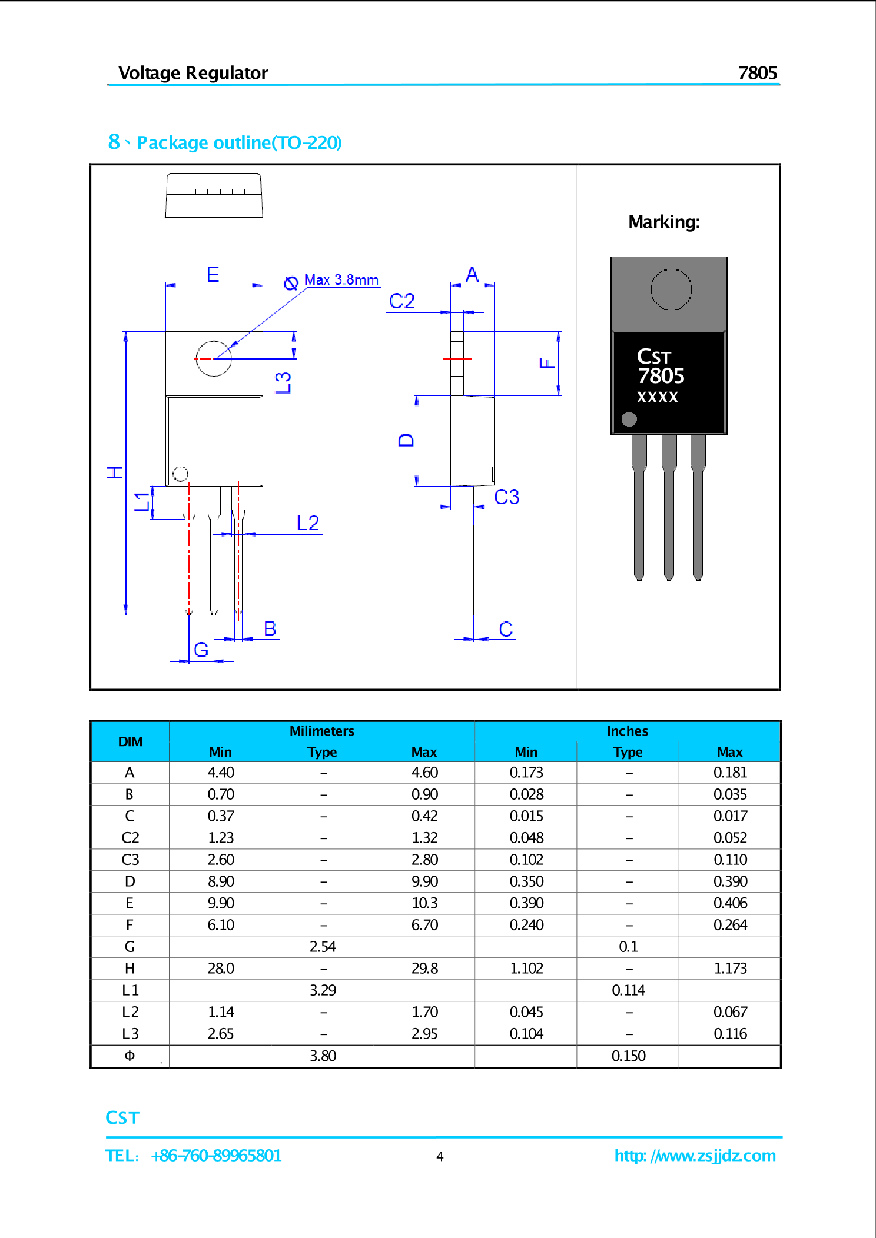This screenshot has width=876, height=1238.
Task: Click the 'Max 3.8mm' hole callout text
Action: point(341,280)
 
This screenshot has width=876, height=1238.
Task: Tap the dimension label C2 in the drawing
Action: point(402,301)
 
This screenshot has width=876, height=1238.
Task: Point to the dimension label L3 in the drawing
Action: point(284,382)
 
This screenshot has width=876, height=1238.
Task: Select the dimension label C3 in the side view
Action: point(506,497)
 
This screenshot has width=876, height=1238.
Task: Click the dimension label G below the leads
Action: point(201,650)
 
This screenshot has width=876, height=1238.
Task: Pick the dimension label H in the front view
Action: point(115,472)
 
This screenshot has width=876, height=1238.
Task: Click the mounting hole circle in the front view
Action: point(214,358)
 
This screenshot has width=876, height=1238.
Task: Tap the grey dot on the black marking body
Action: point(629,419)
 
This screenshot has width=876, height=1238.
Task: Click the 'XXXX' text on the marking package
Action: point(658,397)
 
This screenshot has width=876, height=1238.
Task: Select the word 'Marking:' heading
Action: point(664,222)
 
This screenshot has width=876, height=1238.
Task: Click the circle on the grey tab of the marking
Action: point(671,289)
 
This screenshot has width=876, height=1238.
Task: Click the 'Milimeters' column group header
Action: point(321,731)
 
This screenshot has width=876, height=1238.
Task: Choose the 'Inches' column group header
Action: point(628,731)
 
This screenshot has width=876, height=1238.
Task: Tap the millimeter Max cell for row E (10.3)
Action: point(424,903)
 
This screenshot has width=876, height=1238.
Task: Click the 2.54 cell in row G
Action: point(323,947)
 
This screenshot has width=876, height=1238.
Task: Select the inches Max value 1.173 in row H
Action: point(730,969)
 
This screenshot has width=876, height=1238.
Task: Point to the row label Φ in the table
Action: point(130,1056)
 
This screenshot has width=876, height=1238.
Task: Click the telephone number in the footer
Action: point(216,1156)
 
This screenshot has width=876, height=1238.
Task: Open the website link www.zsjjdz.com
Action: point(695,1156)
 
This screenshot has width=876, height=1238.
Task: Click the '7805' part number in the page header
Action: point(758,73)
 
